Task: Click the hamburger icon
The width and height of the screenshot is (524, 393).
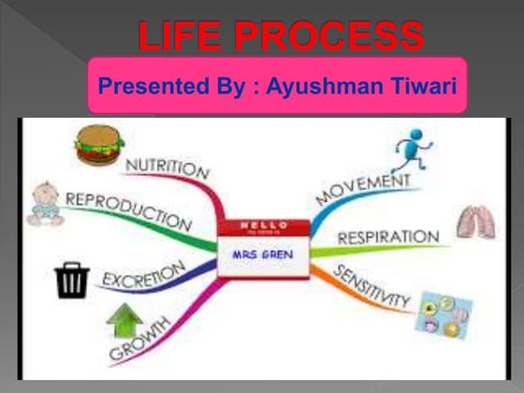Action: point(99,146)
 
